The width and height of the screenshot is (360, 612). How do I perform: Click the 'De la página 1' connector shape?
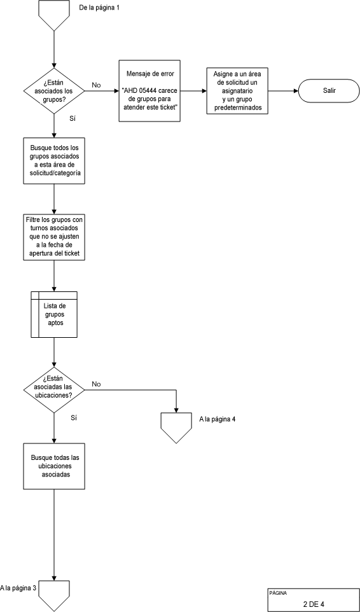click(54, 14)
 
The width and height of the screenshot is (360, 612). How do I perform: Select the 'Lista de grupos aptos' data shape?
click(54, 314)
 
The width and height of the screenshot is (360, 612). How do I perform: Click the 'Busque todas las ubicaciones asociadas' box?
click(54, 466)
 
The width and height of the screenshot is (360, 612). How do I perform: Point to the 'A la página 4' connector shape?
click(176, 426)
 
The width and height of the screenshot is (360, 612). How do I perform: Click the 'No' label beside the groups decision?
click(96, 85)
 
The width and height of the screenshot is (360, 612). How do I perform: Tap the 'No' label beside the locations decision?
click(96, 384)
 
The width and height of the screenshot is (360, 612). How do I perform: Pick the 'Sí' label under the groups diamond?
click(73, 118)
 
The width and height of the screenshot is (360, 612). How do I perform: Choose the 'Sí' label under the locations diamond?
click(73, 417)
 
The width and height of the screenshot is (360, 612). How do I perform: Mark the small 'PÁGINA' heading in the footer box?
click(277, 592)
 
